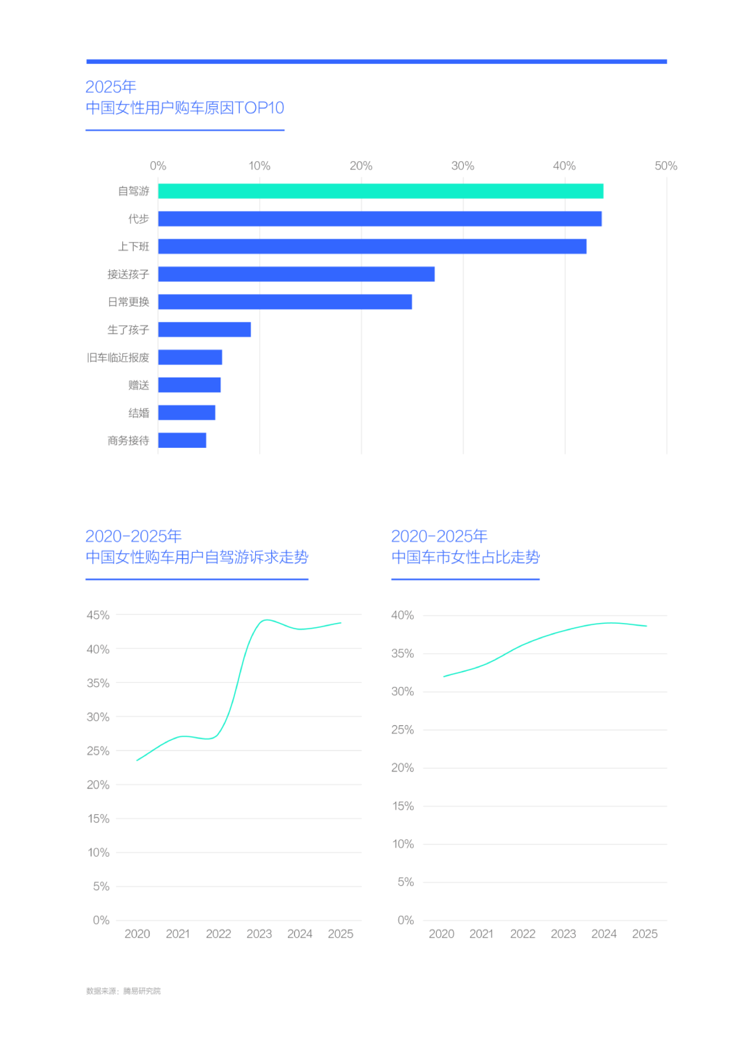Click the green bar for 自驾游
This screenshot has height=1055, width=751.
tap(381, 191)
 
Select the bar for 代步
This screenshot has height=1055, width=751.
tap(380, 219)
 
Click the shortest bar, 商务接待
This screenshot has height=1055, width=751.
tap(182, 440)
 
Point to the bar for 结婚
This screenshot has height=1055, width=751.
tap(187, 413)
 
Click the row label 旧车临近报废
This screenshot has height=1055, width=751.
tap(118, 358)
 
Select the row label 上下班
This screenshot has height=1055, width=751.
tap(134, 247)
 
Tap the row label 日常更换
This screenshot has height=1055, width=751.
tap(129, 302)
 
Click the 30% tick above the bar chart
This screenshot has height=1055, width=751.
tap(463, 166)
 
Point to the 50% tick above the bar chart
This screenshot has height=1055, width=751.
tap(666, 166)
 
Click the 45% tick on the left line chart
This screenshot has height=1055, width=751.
tap(98, 615)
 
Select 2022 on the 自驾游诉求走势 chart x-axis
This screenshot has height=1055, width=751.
tap(218, 934)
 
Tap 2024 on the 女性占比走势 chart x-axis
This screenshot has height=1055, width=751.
tap(604, 934)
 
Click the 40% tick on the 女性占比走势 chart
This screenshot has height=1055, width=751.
tap(402, 615)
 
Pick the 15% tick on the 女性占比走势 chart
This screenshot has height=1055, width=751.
tap(403, 806)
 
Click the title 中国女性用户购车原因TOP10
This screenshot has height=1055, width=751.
tap(185, 108)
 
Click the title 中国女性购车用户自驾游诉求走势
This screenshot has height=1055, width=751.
tap(197, 557)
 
